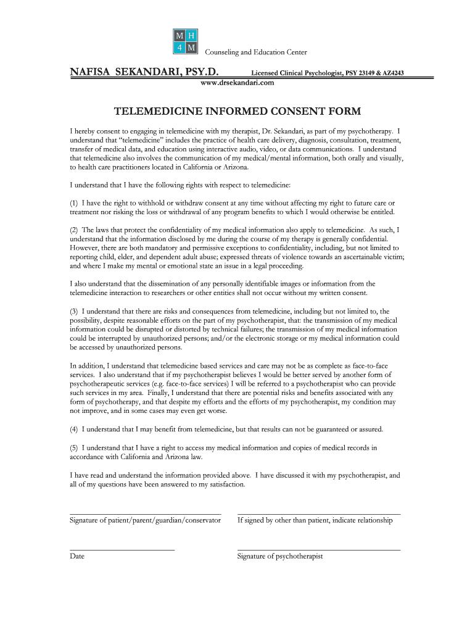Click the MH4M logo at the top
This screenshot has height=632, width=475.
point(185,40)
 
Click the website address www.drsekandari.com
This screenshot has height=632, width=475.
point(238,82)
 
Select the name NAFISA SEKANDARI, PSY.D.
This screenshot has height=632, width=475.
point(144,72)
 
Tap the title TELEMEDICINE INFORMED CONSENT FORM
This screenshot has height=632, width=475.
point(238,112)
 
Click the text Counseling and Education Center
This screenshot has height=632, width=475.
point(256,52)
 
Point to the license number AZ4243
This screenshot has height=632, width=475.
point(392,73)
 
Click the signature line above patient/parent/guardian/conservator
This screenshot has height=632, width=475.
point(145,513)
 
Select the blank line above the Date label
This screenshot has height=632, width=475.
point(122,549)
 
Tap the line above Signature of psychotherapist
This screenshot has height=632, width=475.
point(318,549)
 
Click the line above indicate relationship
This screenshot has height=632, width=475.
point(318,513)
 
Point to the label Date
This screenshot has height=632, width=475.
point(77,556)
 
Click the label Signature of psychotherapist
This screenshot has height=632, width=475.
point(280,556)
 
